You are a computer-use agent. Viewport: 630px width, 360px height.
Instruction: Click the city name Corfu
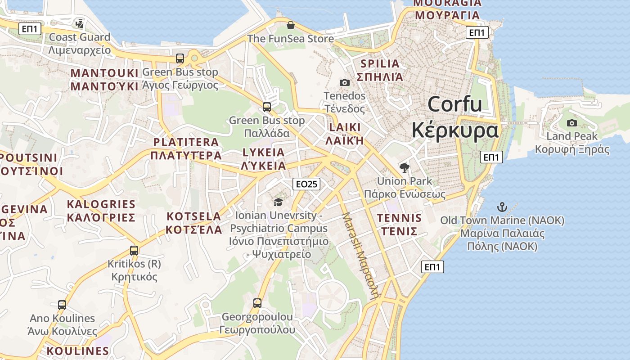(454, 104)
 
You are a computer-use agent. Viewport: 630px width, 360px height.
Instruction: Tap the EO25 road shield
(306, 184)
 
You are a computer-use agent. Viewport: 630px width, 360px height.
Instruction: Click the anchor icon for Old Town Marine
(502, 207)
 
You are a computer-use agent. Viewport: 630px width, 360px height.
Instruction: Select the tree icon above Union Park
(405, 168)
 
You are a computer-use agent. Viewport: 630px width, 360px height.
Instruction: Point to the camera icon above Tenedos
(345, 82)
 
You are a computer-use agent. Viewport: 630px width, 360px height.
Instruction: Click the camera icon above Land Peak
(572, 123)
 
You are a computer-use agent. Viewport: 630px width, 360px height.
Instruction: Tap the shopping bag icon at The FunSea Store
(291, 25)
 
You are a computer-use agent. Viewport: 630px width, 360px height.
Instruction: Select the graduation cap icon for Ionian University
(278, 202)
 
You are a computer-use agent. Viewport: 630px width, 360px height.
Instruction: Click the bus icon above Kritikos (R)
(134, 251)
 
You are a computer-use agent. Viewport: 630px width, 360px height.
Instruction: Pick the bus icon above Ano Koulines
(62, 305)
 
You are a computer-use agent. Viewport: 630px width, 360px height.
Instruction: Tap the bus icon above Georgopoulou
(257, 303)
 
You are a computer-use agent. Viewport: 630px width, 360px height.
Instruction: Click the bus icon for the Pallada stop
(267, 107)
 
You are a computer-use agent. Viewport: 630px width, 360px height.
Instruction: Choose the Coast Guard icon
(80, 23)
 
